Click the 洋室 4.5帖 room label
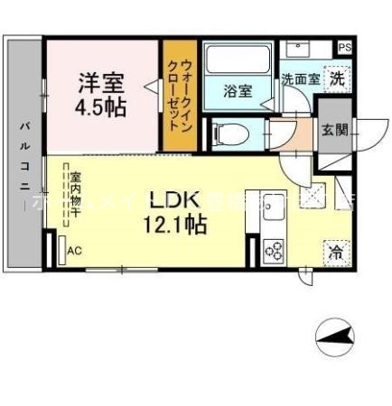pos(100,92)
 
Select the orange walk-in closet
pos(179,96)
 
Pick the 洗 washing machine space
pos(335,78)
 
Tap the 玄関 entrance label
pos(333,130)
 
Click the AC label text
pos(75,252)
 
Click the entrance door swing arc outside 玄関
pos(362,135)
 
